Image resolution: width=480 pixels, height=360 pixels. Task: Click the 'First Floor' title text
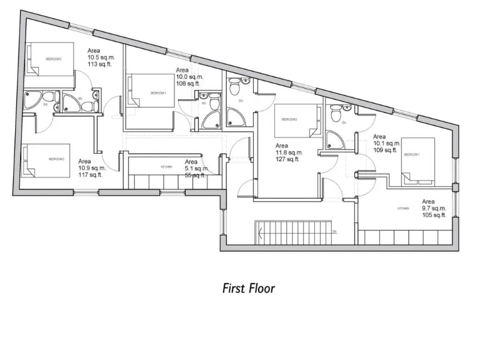click(249, 288)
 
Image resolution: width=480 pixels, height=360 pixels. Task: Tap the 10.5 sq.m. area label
click(100, 56)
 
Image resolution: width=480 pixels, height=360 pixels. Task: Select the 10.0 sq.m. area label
click(189, 77)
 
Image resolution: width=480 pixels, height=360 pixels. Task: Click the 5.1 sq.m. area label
click(196, 169)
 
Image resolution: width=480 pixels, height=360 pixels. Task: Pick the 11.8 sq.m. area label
click(288, 152)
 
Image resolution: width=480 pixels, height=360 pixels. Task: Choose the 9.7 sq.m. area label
click(434, 209)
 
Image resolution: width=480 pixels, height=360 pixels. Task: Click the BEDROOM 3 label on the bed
click(53, 59)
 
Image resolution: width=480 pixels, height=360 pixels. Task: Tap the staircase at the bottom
click(293, 232)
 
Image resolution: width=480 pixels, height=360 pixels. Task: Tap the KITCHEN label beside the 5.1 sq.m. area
click(166, 167)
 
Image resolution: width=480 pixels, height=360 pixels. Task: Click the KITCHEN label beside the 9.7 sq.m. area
click(403, 208)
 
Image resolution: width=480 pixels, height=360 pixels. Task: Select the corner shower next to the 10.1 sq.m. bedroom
click(335, 140)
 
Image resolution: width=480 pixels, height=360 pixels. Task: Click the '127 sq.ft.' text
click(288, 159)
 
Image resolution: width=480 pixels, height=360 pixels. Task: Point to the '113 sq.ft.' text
click(100, 64)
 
